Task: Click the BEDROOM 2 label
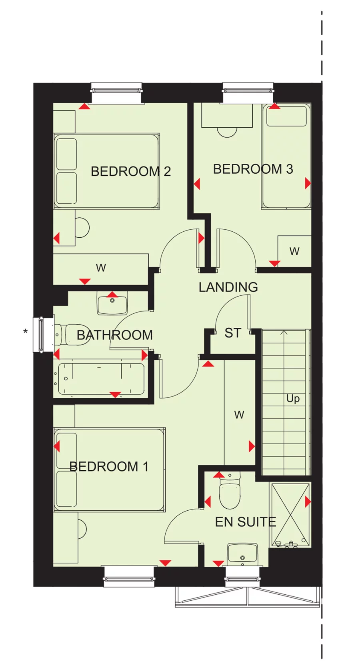[131, 171]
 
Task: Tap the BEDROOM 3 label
[253, 169]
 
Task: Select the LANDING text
[228, 287]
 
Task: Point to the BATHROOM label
[115, 335]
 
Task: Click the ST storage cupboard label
[233, 333]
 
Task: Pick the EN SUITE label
[246, 522]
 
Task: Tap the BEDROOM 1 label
[109, 466]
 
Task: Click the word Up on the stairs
[293, 399]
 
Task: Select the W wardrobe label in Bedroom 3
[294, 252]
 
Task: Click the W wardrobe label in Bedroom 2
[101, 268]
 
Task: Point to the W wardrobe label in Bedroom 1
[239, 415]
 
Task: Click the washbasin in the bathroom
[112, 303]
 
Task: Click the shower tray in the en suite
[290, 515]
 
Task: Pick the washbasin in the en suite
[242, 554]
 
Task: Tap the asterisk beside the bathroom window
[26, 331]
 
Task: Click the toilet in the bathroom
[68, 335]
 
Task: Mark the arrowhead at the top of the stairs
[284, 332]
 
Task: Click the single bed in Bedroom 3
[286, 156]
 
